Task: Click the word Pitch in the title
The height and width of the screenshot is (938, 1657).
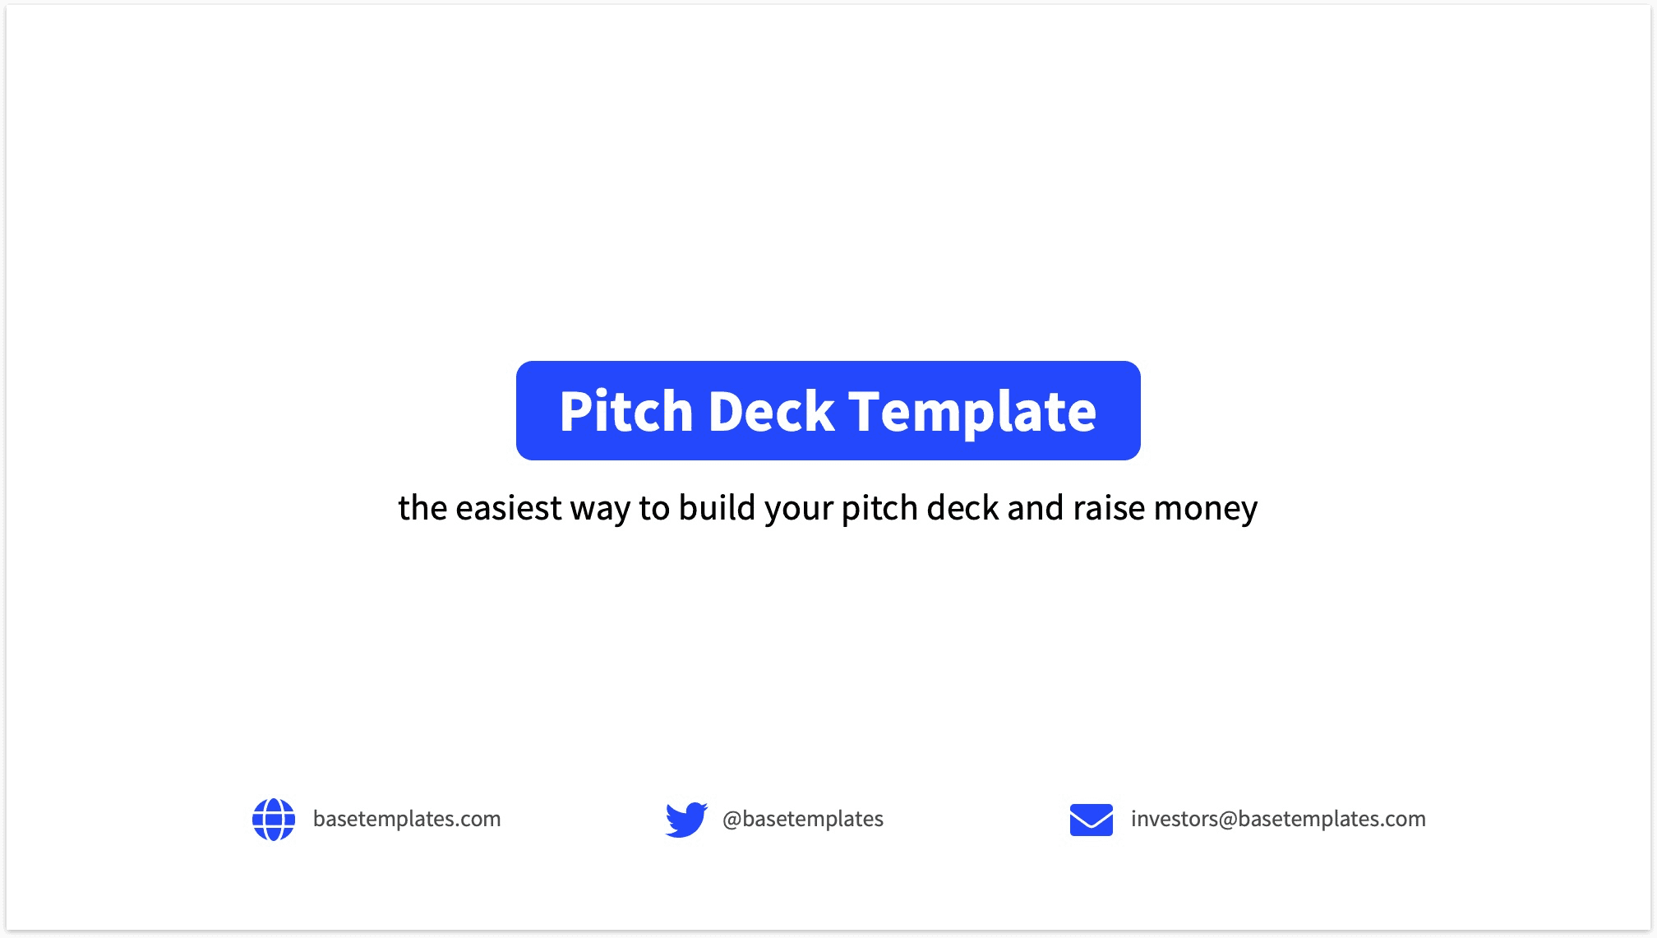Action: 626,411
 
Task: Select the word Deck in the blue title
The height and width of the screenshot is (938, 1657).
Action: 771,411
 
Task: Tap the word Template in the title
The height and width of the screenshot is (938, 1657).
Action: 972,411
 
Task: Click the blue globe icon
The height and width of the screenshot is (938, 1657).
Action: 274,820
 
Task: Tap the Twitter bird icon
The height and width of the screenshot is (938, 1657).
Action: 686,820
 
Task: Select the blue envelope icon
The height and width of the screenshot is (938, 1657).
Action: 1092,820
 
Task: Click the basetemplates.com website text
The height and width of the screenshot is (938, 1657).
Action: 407,819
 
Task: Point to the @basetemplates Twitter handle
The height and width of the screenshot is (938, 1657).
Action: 803,819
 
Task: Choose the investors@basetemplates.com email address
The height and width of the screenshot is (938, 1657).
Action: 1278,819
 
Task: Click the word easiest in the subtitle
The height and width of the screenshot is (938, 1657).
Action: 508,508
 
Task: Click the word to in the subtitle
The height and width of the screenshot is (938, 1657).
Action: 654,508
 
